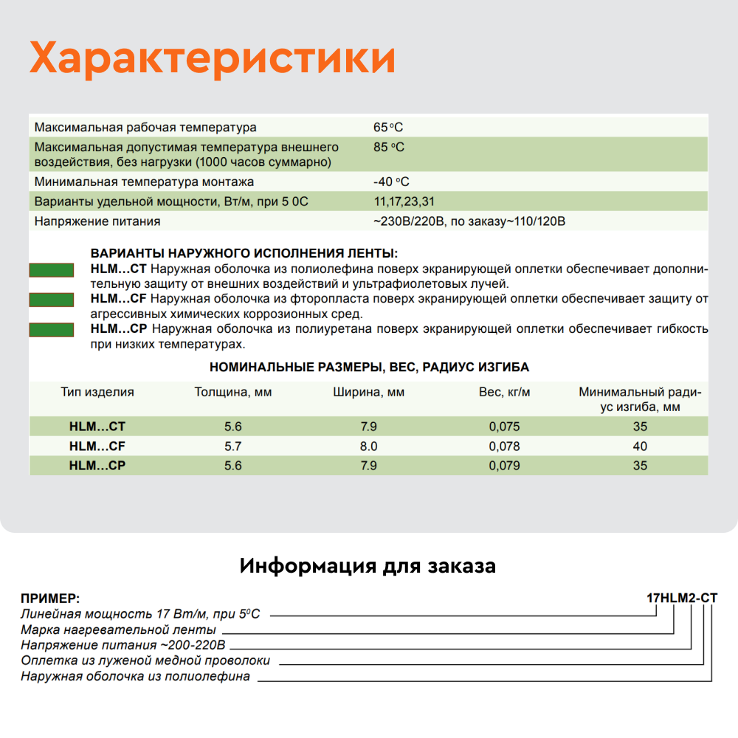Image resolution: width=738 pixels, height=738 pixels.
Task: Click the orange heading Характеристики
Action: pyautogui.click(x=213, y=58)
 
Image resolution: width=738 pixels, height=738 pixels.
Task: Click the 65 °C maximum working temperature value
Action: pyautogui.click(x=388, y=127)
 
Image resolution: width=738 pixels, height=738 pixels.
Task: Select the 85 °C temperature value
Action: pyautogui.click(x=389, y=147)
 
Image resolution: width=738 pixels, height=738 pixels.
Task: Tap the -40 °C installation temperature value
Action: pyautogui.click(x=391, y=182)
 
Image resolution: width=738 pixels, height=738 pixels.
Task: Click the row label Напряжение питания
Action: pyautogui.click(x=97, y=221)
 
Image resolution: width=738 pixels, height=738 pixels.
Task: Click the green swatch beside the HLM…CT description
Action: pyautogui.click(x=51, y=270)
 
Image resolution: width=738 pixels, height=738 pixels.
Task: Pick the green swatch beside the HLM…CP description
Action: pyautogui.click(x=51, y=330)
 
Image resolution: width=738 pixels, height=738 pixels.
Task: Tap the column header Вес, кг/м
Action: pyautogui.click(x=505, y=393)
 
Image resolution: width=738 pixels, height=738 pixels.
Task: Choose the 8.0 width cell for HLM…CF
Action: pyautogui.click(x=368, y=446)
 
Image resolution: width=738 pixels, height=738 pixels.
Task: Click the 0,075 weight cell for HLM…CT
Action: pyautogui.click(x=505, y=427)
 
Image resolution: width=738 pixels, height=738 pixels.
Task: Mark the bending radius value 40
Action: pyautogui.click(x=640, y=446)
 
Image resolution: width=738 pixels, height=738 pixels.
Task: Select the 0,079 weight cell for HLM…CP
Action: pyautogui.click(x=505, y=466)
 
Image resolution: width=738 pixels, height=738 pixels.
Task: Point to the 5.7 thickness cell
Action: pyautogui.click(x=233, y=446)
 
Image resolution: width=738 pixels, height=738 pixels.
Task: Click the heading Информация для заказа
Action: pyautogui.click(x=368, y=567)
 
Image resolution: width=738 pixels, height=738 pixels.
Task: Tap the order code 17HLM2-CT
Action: pyautogui.click(x=681, y=598)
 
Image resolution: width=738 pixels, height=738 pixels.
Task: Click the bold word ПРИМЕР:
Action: pyautogui.click(x=50, y=599)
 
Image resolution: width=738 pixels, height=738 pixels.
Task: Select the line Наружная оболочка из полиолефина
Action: pyautogui.click(x=135, y=676)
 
